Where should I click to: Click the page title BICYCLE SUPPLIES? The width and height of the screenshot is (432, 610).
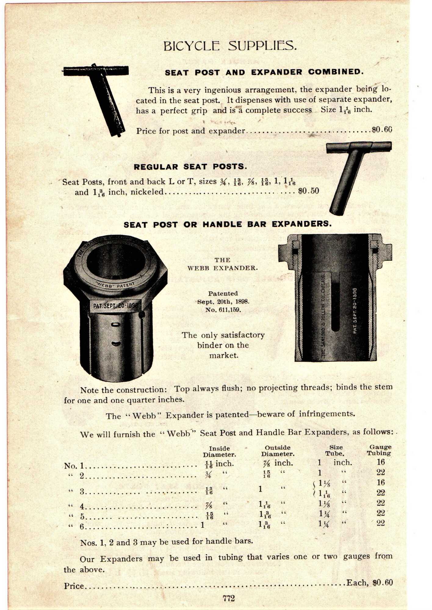pyautogui.click(x=230, y=46)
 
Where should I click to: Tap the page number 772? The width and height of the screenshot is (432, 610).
pyautogui.click(x=229, y=598)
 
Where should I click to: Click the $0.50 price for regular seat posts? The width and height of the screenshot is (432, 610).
pyautogui.click(x=308, y=191)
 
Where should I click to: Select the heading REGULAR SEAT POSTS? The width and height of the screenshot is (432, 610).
pyautogui.click(x=190, y=167)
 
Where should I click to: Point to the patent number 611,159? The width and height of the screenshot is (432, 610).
pyautogui.click(x=223, y=310)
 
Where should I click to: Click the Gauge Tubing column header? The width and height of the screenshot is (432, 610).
pyautogui.click(x=380, y=450)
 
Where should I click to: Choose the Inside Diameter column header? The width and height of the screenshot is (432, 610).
pyautogui.click(x=219, y=451)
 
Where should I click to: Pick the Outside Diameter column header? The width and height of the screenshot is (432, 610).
pyautogui.click(x=277, y=450)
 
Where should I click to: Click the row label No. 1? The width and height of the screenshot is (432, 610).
pyautogui.click(x=74, y=466)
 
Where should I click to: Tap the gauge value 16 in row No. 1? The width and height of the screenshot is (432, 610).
pyautogui.click(x=380, y=462)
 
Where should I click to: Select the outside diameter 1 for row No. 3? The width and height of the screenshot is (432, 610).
pyautogui.click(x=260, y=489)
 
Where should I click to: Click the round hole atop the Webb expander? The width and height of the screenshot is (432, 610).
pyautogui.click(x=116, y=261)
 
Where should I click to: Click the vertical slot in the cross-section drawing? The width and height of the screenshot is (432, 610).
pyautogui.click(x=335, y=305)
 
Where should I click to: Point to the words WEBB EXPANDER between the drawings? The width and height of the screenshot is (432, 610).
pyautogui.click(x=222, y=268)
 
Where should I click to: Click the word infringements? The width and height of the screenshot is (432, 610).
pyautogui.click(x=327, y=414)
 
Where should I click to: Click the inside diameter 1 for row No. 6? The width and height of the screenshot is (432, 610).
pyautogui.click(x=202, y=525)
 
